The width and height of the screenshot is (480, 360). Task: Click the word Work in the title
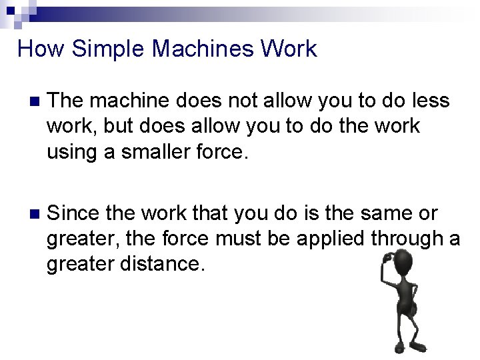[290, 49]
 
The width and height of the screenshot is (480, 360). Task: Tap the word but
[118, 127]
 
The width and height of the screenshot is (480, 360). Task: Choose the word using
[73, 152]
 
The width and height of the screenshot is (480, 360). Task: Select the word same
[383, 214]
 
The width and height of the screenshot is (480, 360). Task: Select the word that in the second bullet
[195, 214]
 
